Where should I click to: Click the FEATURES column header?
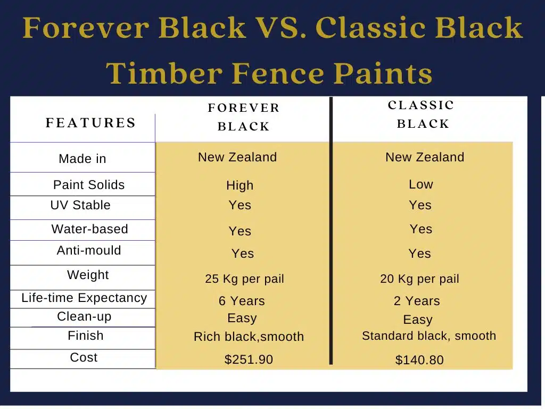(90, 123)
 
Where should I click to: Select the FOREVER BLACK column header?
(244, 117)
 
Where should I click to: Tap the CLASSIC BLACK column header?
(422, 114)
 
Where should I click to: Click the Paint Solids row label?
(89, 185)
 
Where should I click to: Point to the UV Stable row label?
(80, 205)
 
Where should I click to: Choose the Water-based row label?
(89, 229)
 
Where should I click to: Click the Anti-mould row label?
(89, 250)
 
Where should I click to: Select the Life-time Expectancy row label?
(84, 298)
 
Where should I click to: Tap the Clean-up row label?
(84, 316)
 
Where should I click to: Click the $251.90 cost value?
(249, 359)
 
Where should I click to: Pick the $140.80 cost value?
(419, 360)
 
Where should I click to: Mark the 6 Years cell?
(242, 301)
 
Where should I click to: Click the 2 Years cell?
(417, 301)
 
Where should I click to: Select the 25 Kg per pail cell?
(244, 279)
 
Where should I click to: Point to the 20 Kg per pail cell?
(419, 279)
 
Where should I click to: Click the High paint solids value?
(240, 185)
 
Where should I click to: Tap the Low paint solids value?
(421, 184)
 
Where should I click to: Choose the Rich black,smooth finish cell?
(249, 337)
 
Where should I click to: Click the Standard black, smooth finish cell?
(429, 336)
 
